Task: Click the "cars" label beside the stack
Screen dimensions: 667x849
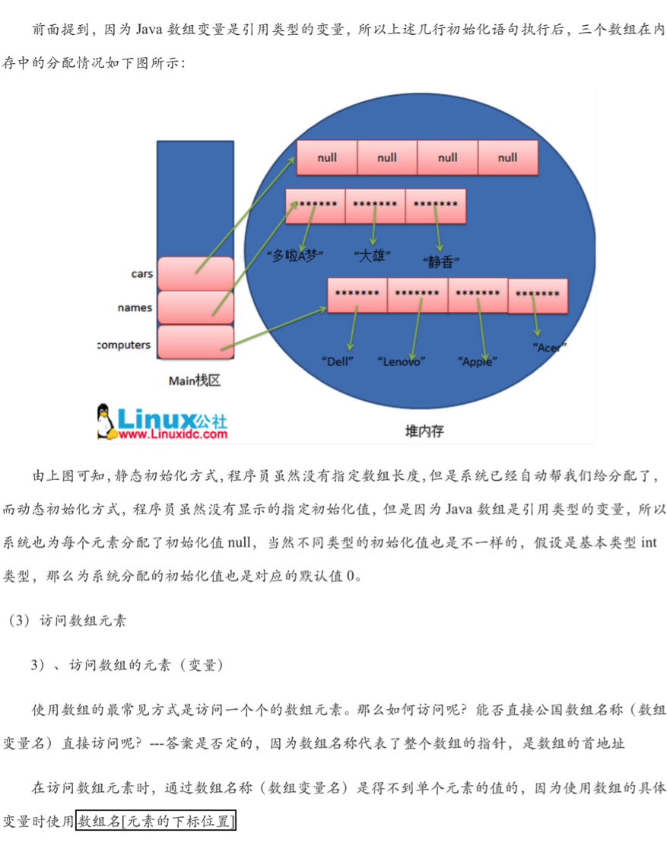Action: point(141,274)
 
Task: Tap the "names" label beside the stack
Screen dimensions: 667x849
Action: point(135,308)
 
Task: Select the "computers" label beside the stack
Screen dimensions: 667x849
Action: point(124,345)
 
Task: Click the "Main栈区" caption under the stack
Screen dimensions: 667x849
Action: point(195,380)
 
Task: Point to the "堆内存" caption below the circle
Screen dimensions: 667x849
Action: point(424,431)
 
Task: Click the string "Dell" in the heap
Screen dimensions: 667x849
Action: point(338,361)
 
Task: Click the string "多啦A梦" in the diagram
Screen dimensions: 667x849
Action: point(297,256)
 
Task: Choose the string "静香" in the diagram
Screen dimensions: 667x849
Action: point(439,262)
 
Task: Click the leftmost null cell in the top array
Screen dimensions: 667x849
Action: point(327,158)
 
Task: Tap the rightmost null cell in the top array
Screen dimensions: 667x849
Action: point(507,158)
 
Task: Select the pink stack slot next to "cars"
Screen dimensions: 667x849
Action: point(195,274)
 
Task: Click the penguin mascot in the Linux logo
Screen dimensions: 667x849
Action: point(106,421)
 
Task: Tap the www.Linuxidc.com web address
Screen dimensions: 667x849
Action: point(173,434)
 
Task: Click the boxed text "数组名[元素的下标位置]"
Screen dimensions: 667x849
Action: point(157,822)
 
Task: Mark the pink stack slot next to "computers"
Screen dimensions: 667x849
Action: point(195,343)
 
